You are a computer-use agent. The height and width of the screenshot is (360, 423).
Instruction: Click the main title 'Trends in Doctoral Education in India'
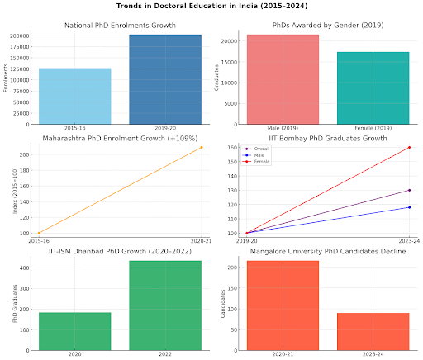coord(211,7)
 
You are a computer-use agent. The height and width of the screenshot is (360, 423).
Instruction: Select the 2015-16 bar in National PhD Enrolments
coord(74,96)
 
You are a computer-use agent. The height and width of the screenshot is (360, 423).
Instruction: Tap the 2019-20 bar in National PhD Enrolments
coord(165,79)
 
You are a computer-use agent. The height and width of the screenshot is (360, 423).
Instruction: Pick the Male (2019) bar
coord(283,79)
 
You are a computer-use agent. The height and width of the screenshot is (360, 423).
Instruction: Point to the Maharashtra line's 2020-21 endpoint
coord(202,147)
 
